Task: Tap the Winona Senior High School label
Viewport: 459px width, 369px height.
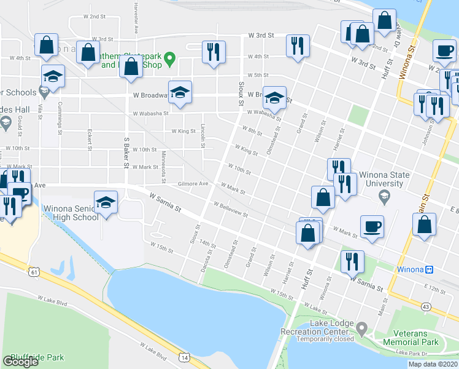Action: coord(71,213)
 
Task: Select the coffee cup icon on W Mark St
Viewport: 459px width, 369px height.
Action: coord(372,226)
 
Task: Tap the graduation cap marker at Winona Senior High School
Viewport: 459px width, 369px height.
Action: coord(106,202)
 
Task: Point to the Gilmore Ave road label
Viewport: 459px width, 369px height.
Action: coord(193,183)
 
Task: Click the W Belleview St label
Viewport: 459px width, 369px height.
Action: coord(230,210)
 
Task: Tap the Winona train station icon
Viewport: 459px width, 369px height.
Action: coord(430,269)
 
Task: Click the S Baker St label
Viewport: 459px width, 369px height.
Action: coord(125,154)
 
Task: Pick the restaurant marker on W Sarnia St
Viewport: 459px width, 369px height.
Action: coord(352,261)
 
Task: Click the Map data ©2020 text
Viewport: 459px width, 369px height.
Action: coord(433,364)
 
